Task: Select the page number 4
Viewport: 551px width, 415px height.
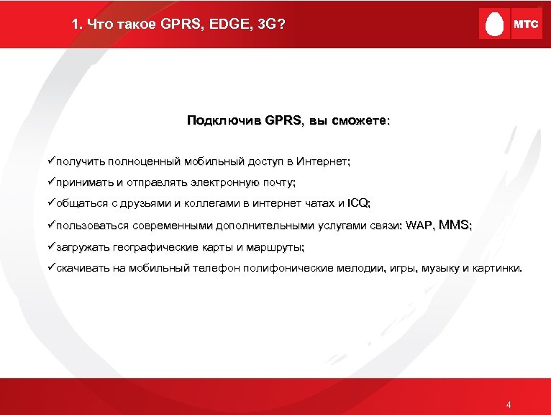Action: (509, 404)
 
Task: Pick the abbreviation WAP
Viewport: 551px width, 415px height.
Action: (419, 226)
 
